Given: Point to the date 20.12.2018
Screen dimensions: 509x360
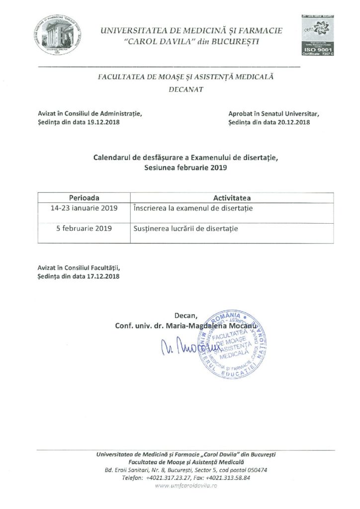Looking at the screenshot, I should coord(294,122).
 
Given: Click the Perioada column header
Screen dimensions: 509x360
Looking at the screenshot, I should coord(84,198).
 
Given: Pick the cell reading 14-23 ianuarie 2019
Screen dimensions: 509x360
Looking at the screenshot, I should coord(84,208).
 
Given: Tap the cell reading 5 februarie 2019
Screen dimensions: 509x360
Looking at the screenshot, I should coord(84,229).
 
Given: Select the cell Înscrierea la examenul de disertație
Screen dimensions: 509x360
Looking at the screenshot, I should coord(193,208).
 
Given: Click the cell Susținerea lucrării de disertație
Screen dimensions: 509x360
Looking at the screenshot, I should coord(186,229).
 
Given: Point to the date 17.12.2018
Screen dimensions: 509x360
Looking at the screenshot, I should coord(103,276).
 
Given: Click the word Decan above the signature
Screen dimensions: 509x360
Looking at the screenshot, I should coord(186,315).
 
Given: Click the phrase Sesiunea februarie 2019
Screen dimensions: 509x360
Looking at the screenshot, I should coord(186,168).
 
